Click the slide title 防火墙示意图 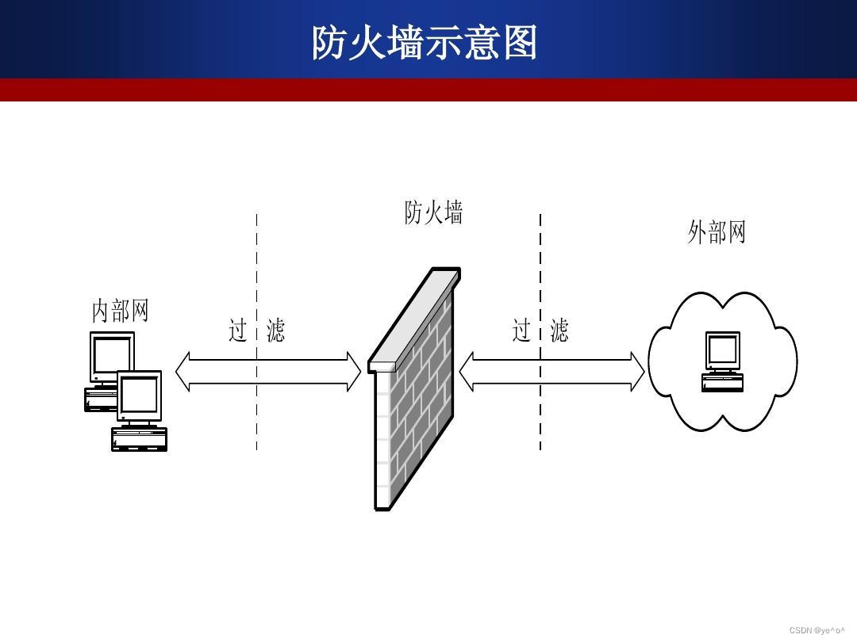coord(425,43)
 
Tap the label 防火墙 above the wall coord(433,212)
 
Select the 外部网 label coord(717,232)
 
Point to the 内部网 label coord(121,310)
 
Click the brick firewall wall coord(413,404)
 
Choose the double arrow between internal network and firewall coord(268,372)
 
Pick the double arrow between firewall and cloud coord(552,372)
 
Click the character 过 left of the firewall coord(238,330)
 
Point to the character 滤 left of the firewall coord(275,330)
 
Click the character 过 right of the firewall coord(521,330)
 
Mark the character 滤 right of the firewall coord(559,330)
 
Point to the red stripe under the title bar coord(428,90)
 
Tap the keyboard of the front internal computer coord(140,439)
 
